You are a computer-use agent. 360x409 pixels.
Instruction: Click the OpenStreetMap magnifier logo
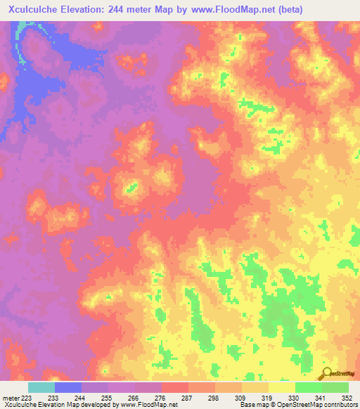click(326, 373)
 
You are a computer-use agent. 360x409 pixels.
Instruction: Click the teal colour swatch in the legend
click(41, 387)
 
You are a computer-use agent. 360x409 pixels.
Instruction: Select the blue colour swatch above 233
click(68, 387)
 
